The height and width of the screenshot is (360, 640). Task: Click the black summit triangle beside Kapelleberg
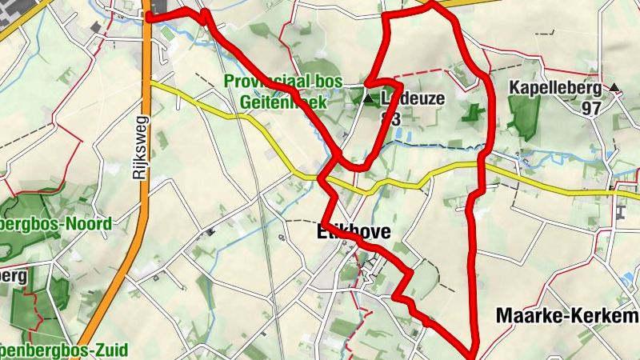pyautogui.click(x=614, y=87)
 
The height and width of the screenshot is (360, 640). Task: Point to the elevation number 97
pyautogui.click(x=591, y=107)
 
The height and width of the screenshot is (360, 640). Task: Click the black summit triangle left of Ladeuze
pyautogui.click(x=369, y=100)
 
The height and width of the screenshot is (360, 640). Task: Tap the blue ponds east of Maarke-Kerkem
pyautogui.click(x=629, y=279)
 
